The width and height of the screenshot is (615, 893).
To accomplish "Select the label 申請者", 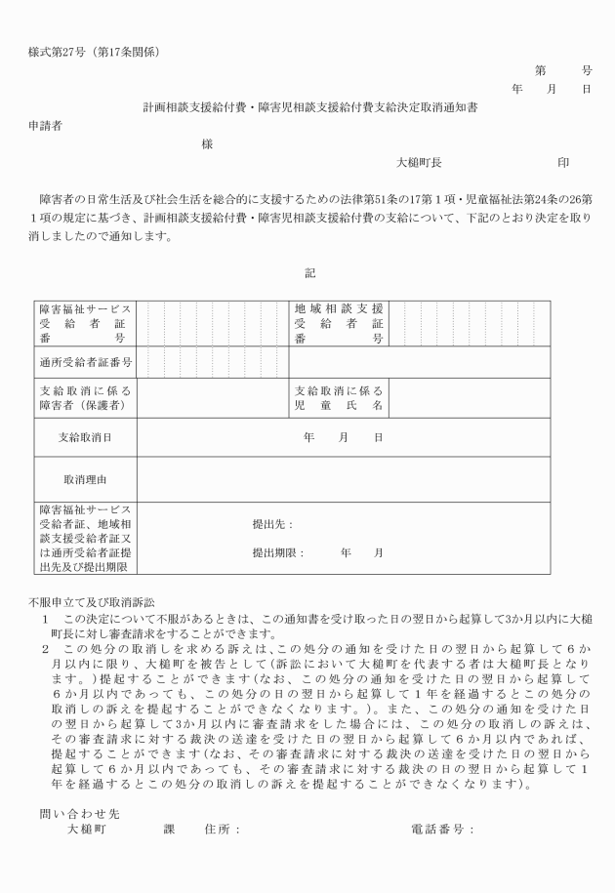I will point(46,126).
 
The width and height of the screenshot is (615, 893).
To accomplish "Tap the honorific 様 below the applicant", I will point(206,144).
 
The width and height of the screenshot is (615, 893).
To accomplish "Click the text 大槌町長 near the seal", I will point(418,163).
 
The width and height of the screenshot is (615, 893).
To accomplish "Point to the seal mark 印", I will point(563,163).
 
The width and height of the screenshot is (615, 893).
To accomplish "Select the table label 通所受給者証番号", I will point(86,362).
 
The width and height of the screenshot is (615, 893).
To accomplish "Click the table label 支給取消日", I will point(86,437).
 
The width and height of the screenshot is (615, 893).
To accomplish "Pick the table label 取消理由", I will point(86,480).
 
